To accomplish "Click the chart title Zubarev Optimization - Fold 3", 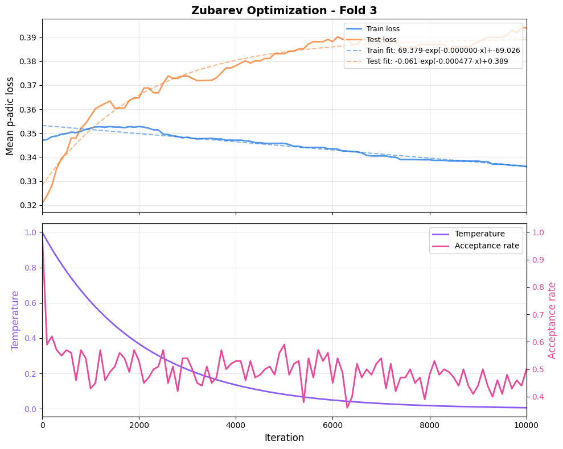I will pos(284,10).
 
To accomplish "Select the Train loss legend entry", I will pos(383,29).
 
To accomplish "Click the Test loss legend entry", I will pos(381,40).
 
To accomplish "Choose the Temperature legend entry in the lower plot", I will pos(479,234).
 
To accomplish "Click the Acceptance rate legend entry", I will pos(487,246).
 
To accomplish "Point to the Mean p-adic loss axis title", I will pos(10,115).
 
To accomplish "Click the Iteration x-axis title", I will pos(284,438).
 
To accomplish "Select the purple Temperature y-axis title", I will pos(15,320).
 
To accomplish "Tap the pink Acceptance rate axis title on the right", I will pos(552,320).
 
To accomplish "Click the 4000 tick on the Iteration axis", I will pos(236,424).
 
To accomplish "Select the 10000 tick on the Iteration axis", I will pos(525,424).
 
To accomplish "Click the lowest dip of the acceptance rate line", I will pos(347,407).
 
